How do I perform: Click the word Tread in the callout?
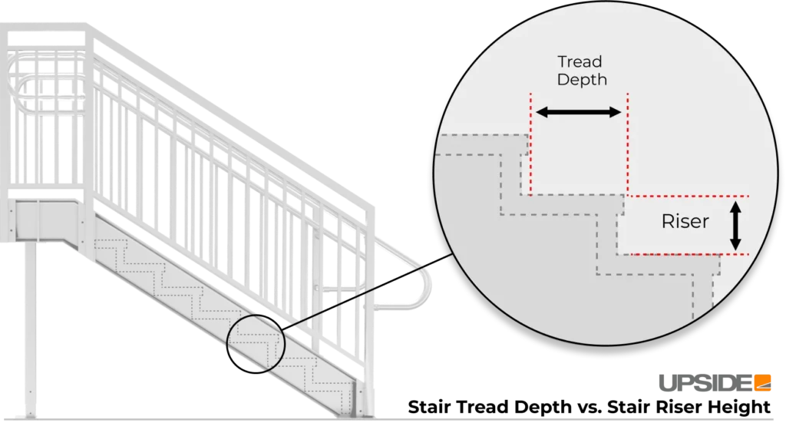tap(580, 61)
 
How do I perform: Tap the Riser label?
tap(685, 223)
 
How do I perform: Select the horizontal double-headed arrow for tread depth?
tap(578, 113)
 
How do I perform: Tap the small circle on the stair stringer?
tap(256, 344)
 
